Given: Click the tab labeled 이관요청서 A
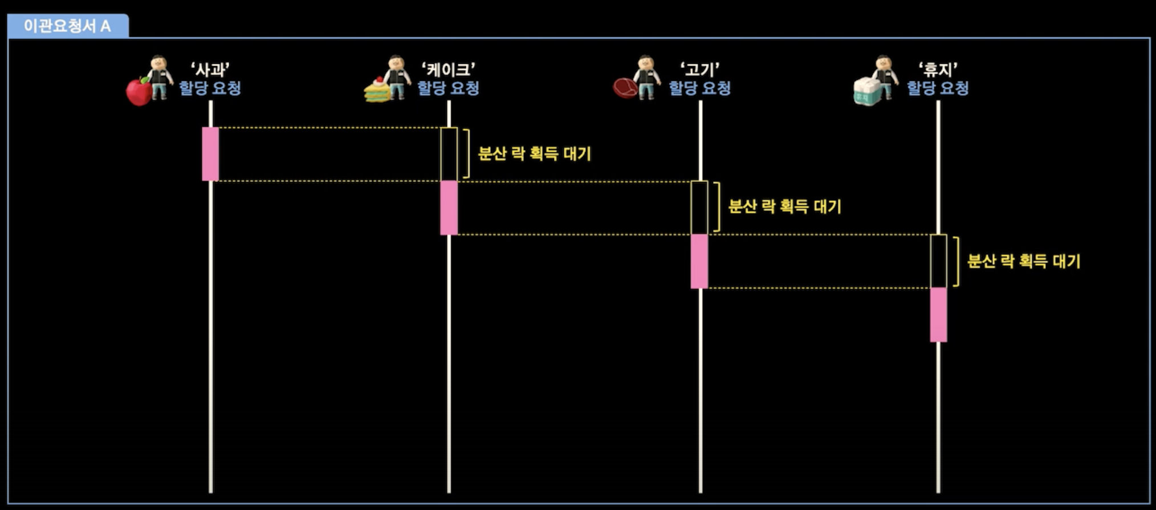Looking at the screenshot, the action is pyautogui.click(x=67, y=26).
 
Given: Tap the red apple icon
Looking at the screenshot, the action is pyautogui.click(x=139, y=92).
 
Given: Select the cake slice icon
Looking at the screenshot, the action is pyautogui.click(x=377, y=90).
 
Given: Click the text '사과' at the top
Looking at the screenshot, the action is pyautogui.click(x=210, y=70).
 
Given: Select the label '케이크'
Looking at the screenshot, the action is pyautogui.click(x=448, y=70).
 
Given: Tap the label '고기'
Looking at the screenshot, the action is pyautogui.click(x=699, y=70).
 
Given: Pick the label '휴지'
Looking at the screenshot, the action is pyautogui.click(x=938, y=70).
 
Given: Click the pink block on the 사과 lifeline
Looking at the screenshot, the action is pyautogui.click(x=210, y=154).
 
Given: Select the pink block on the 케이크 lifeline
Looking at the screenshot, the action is pyautogui.click(x=449, y=208).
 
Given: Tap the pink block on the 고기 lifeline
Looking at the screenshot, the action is pyautogui.click(x=699, y=261).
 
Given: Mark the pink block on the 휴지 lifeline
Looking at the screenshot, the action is pyautogui.click(x=938, y=315).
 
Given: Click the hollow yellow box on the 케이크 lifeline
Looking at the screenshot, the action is pyautogui.click(x=441, y=154).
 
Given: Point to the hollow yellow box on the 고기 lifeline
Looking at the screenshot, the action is pyautogui.click(x=691, y=208).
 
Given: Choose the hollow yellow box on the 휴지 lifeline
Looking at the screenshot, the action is pyautogui.click(x=931, y=261).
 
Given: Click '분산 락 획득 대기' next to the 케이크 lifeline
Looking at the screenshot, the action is pyautogui.click(x=534, y=153).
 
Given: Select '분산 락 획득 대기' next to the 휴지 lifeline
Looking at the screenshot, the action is pyautogui.click(x=1024, y=261).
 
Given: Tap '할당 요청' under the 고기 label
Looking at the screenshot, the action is pyautogui.click(x=699, y=88).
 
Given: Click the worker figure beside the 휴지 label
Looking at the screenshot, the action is pyautogui.click(x=885, y=77).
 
